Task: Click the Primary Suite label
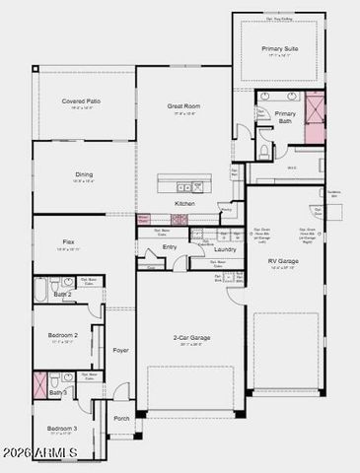[x=279, y=48]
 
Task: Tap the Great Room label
[x=183, y=107]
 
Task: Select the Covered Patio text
[x=81, y=101]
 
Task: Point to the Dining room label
[x=83, y=174]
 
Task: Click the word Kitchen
[x=184, y=203]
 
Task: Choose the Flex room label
[x=68, y=241]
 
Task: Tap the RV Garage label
[x=284, y=261]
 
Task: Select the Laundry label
[x=225, y=249]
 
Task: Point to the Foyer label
[x=120, y=350]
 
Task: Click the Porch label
[x=121, y=418]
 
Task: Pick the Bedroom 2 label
[x=62, y=335]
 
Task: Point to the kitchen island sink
[x=182, y=185]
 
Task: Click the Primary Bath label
[x=284, y=117]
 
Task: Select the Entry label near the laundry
[x=170, y=246]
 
